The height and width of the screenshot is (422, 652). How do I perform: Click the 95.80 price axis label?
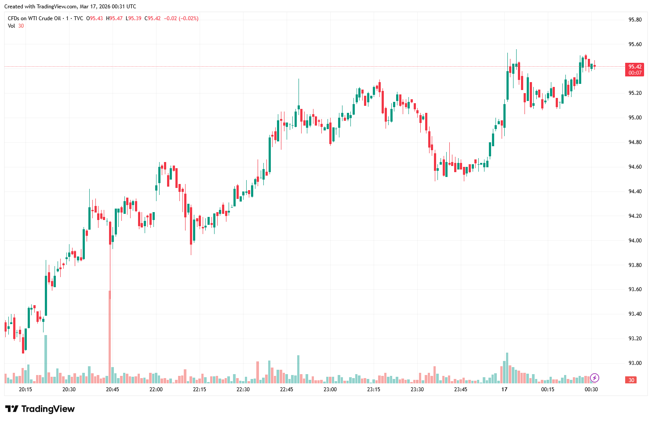click(x=635, y=20)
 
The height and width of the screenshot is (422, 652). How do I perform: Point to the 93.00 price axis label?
click(x=635, y=363)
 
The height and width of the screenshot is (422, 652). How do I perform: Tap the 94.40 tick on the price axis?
click(x=635, y=191)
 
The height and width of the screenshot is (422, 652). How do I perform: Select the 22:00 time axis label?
click(x=156, y=390)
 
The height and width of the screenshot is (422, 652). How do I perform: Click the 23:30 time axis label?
click(x=417, y=390)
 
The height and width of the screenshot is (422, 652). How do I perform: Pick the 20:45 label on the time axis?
click(x=113, y=390)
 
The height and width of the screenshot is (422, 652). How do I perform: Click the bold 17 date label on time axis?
click(x=504, y=390)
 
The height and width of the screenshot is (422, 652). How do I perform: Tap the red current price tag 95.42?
click(x=634, y=67)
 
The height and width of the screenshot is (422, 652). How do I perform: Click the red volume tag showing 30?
click(x=631, y=380)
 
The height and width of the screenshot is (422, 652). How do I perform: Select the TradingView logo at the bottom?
click(x=40, y=409)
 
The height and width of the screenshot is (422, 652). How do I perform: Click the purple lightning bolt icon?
click(x=594, y=378)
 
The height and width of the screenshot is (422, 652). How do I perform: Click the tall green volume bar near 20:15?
click(x=46, y=358)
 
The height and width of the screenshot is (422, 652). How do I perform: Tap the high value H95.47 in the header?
click(x=114, y=18)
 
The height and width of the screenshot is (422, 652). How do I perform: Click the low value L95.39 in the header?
click(x=134, y=18)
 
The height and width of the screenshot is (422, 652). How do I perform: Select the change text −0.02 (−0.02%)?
click(x=181, y=18)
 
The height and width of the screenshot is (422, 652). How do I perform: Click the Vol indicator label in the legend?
click(x=11, y=26)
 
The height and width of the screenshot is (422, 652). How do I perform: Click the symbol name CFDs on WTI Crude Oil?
click(x=34, y=18)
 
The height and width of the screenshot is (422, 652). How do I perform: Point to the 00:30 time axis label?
click(x=591, y=390)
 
